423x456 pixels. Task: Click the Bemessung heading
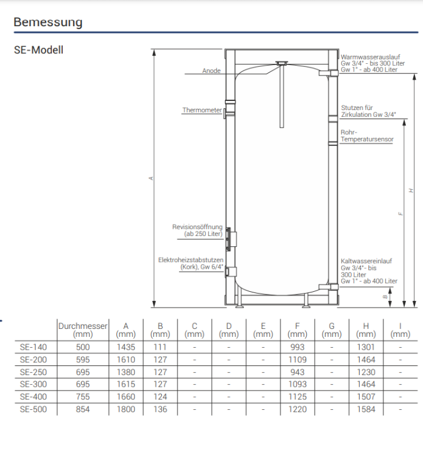(x=48, y=22)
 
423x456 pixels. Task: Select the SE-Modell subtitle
(x=38, y=50)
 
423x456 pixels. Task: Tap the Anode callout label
(x=211, y=71)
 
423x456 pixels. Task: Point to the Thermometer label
(x=202, y=110)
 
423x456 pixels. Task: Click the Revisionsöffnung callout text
(x=197, y=230)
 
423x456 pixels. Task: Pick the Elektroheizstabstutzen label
(x=191, y=263)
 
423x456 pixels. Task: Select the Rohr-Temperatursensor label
(x=367, y=136)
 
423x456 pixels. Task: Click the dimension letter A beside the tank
(x=151, y=178)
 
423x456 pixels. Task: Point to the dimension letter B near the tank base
(x=385, y=297)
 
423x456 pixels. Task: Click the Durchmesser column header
(x=83, y=330)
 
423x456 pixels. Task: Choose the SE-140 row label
(x=33, y=347)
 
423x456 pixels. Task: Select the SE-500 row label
(x=33, y=409)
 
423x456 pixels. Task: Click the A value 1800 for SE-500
(x=126, y=409)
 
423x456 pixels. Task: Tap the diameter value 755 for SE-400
(x=83, y=396)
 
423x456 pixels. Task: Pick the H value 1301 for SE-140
(x=366, y=347)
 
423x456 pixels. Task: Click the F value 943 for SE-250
(x=297, y=372)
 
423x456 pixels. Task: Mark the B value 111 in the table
(x=160, y=347)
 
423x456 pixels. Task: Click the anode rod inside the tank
(x=282, y=95)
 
